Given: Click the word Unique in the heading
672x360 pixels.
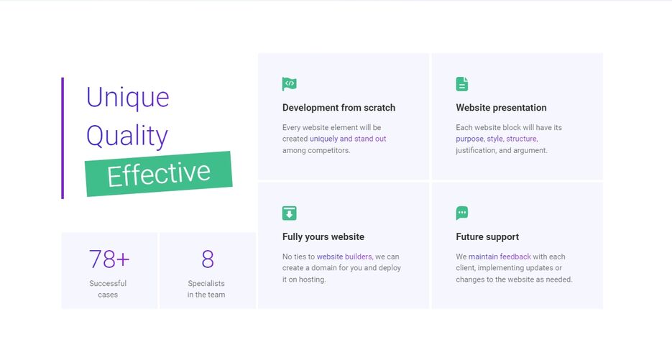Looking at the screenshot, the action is tap(128, 98).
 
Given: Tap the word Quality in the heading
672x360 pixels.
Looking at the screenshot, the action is tap(127, 136).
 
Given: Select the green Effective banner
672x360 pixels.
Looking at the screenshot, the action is tap(159, 174).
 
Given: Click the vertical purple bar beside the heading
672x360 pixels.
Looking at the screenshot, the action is tap(63, 138).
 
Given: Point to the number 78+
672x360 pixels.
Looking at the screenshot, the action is tap(109, 259).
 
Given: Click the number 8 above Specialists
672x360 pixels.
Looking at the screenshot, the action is tap(208, 259).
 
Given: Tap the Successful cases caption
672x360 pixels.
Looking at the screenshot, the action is tap(108, 289).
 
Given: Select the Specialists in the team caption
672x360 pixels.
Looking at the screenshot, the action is tap(206, 289).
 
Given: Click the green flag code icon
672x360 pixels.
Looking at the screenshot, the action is tap(290, 84).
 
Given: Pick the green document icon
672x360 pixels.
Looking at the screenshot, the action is tap(462, 84).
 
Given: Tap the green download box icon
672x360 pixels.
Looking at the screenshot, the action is tap(290, 213).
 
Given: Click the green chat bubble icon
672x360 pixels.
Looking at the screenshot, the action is tap(462, 213).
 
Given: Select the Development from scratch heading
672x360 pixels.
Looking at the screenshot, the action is tap(339, 108).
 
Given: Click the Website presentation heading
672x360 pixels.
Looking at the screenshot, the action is tap(501, 108).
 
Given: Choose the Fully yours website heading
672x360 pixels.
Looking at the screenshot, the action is tap(323, 236).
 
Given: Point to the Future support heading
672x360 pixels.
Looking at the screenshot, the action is tap(487, 236).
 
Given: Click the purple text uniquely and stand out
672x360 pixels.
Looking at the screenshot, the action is tap(348, 139).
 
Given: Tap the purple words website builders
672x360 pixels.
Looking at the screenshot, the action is tap(345, 257).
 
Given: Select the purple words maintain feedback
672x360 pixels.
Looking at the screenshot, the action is tap(500, 257).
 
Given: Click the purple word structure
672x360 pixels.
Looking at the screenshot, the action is tap(522, 139).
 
